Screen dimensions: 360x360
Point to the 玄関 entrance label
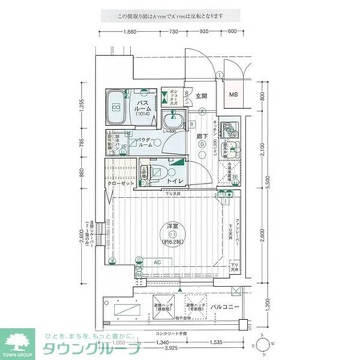click(200, 96)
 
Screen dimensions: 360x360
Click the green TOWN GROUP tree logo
click(18, 338)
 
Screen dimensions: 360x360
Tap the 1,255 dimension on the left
click(83, 106)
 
